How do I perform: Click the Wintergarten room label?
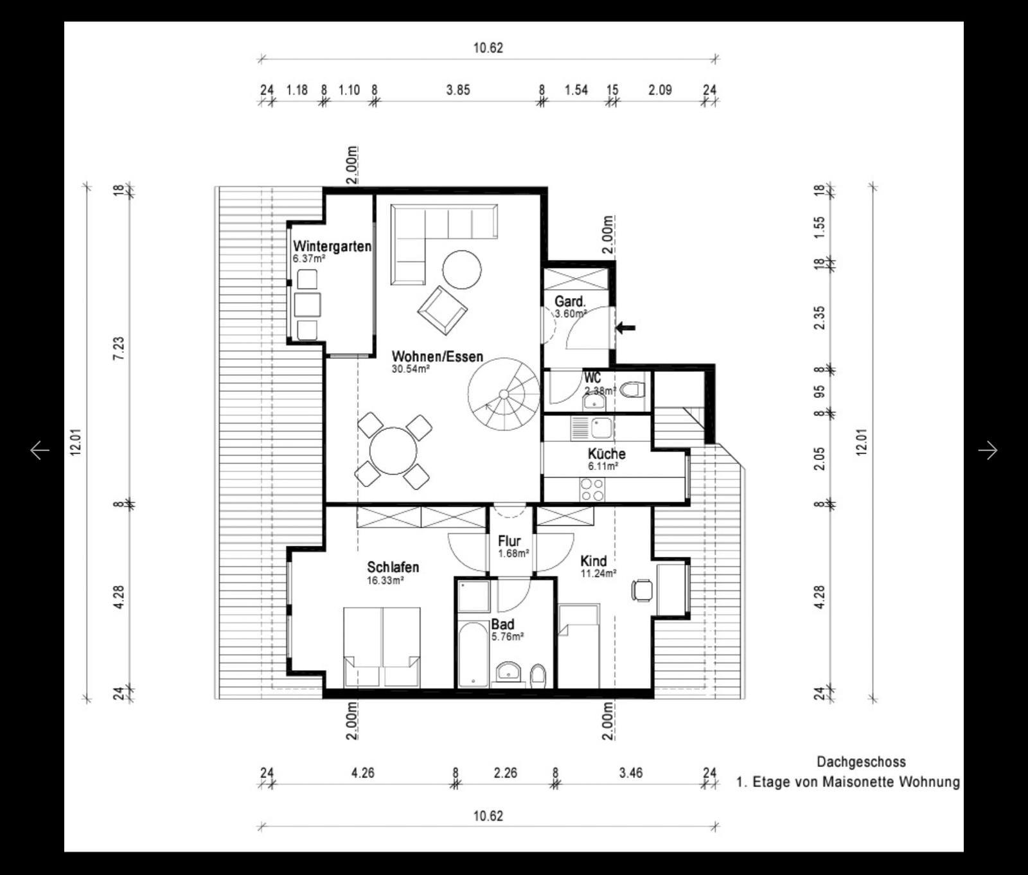click(x=332, y=246)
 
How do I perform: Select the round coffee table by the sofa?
click(x=461, y=270)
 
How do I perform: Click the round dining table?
click(x=393, y=450)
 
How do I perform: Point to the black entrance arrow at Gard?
click(x=625, y=328)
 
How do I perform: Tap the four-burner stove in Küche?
click(x=592, y=490)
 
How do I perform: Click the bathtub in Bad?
click(x=474, y=654)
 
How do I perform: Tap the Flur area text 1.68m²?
click(x=513, y=553)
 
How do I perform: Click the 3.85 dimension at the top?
click(x=458, y=90)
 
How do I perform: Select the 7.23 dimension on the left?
click(x=119, y=348)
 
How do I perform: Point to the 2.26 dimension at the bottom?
click(x=505, y=773)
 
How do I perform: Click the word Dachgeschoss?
click(x=861, y=762)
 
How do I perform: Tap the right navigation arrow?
click(x=988, y=450)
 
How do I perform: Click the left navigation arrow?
click(x=40, y=450)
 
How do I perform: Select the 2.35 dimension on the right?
click(x=819, y=317)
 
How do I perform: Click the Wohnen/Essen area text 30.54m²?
click(x=411, y=369)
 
